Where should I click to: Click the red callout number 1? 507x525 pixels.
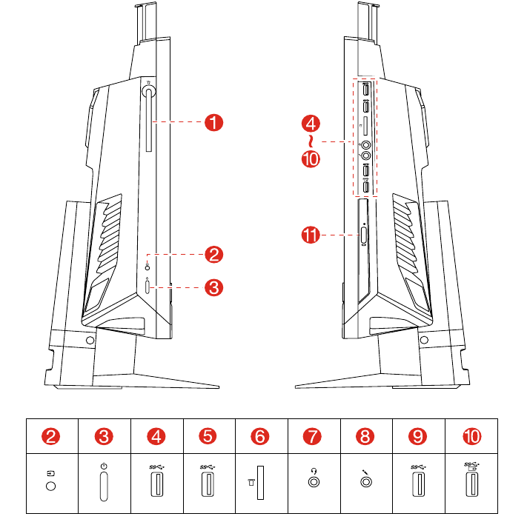click(x=213, y=122)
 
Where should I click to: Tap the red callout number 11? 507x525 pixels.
click(x=311, y=235)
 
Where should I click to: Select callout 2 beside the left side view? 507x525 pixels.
click(x=213, y=255)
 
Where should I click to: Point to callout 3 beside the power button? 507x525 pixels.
click(x=213, y=287)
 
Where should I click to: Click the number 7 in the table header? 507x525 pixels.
click(x=312, y=436)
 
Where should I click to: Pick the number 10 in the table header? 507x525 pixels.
click(x=472, y=436)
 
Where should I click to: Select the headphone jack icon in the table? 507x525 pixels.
click(x=314, y=478)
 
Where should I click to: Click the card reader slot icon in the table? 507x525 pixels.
click(x=260, y=483)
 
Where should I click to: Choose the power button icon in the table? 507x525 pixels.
click(x=104, y=486)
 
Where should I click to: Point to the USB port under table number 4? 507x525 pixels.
click(x=157, y=484)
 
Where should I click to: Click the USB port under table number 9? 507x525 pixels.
click(x=418, y=484)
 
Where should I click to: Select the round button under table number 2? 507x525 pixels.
click(x=50, y=486)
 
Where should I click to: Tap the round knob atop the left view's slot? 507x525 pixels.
click(x=148, y=91)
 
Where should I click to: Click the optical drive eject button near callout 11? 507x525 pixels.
click(x=364, y=235)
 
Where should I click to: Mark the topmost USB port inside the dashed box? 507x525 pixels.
click(x=366, y=90)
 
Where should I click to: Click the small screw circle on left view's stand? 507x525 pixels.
click(x=90, y=340)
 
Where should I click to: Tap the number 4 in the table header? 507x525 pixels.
click(x=156, y=436)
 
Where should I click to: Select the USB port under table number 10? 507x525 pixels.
click(x=472, y=484)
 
